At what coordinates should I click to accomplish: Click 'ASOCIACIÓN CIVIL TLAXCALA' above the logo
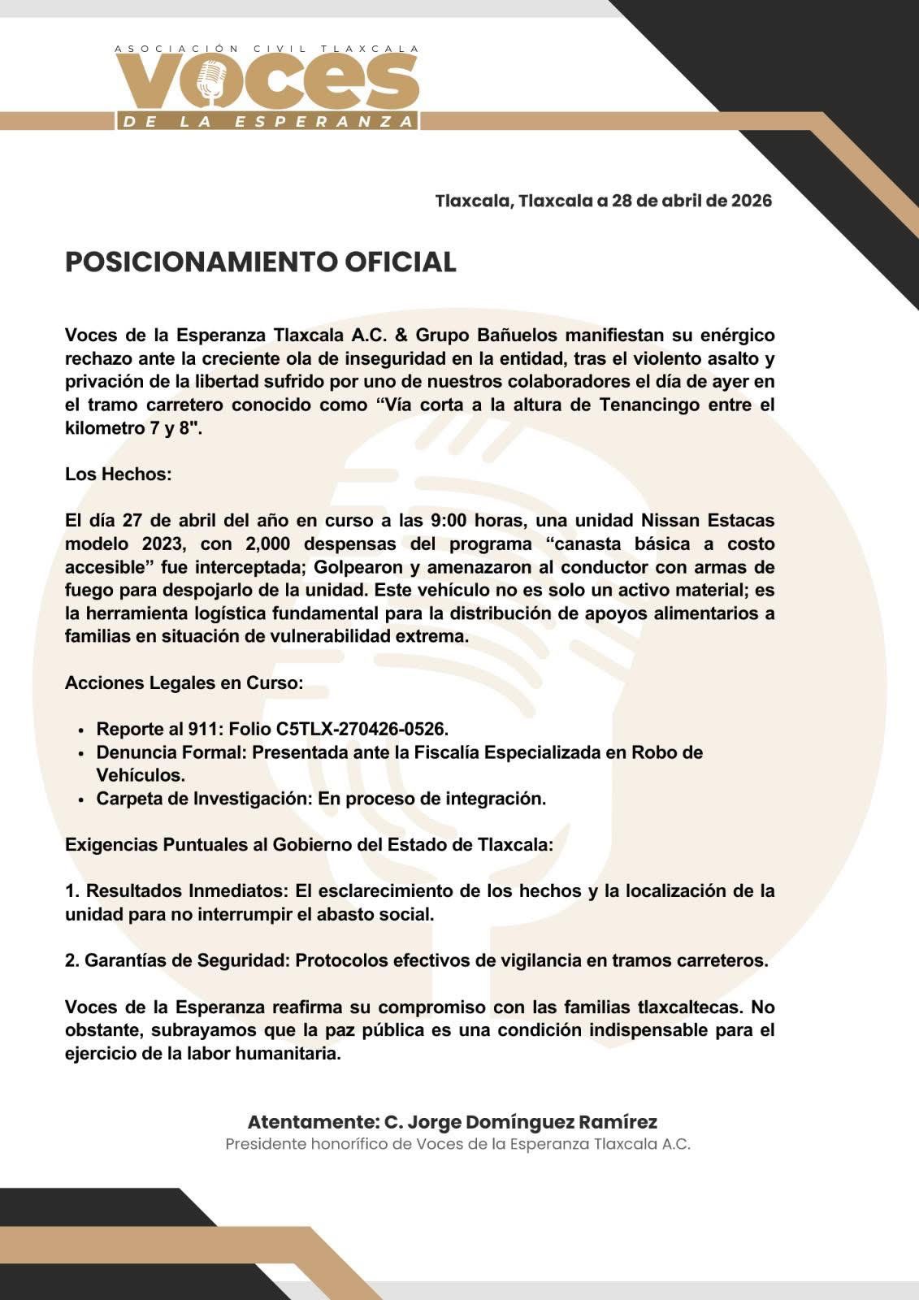pos(267,49)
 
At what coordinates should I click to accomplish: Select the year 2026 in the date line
pos(751,200)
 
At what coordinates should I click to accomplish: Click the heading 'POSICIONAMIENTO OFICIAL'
pos(260,262)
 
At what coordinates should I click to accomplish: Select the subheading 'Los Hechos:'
pos(118,474)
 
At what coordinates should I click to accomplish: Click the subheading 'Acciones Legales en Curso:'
pos(184,682)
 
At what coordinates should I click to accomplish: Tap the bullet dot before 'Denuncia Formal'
pos(81,754)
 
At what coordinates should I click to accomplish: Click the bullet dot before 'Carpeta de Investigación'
pos(81,799)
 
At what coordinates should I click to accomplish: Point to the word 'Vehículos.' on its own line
pos(141,775)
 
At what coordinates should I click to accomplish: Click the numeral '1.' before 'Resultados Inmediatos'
pos(72,890)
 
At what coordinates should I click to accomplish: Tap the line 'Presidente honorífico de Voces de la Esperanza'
pos(457,1144)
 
